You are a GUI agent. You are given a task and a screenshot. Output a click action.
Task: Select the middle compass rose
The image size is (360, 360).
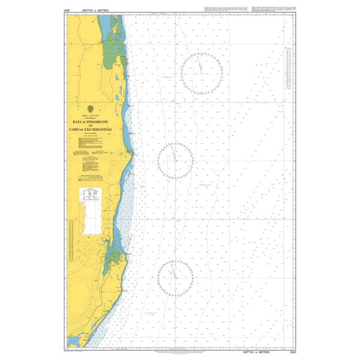click(175, 160)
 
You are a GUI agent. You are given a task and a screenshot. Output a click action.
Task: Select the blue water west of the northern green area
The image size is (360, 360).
click(104, 27)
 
